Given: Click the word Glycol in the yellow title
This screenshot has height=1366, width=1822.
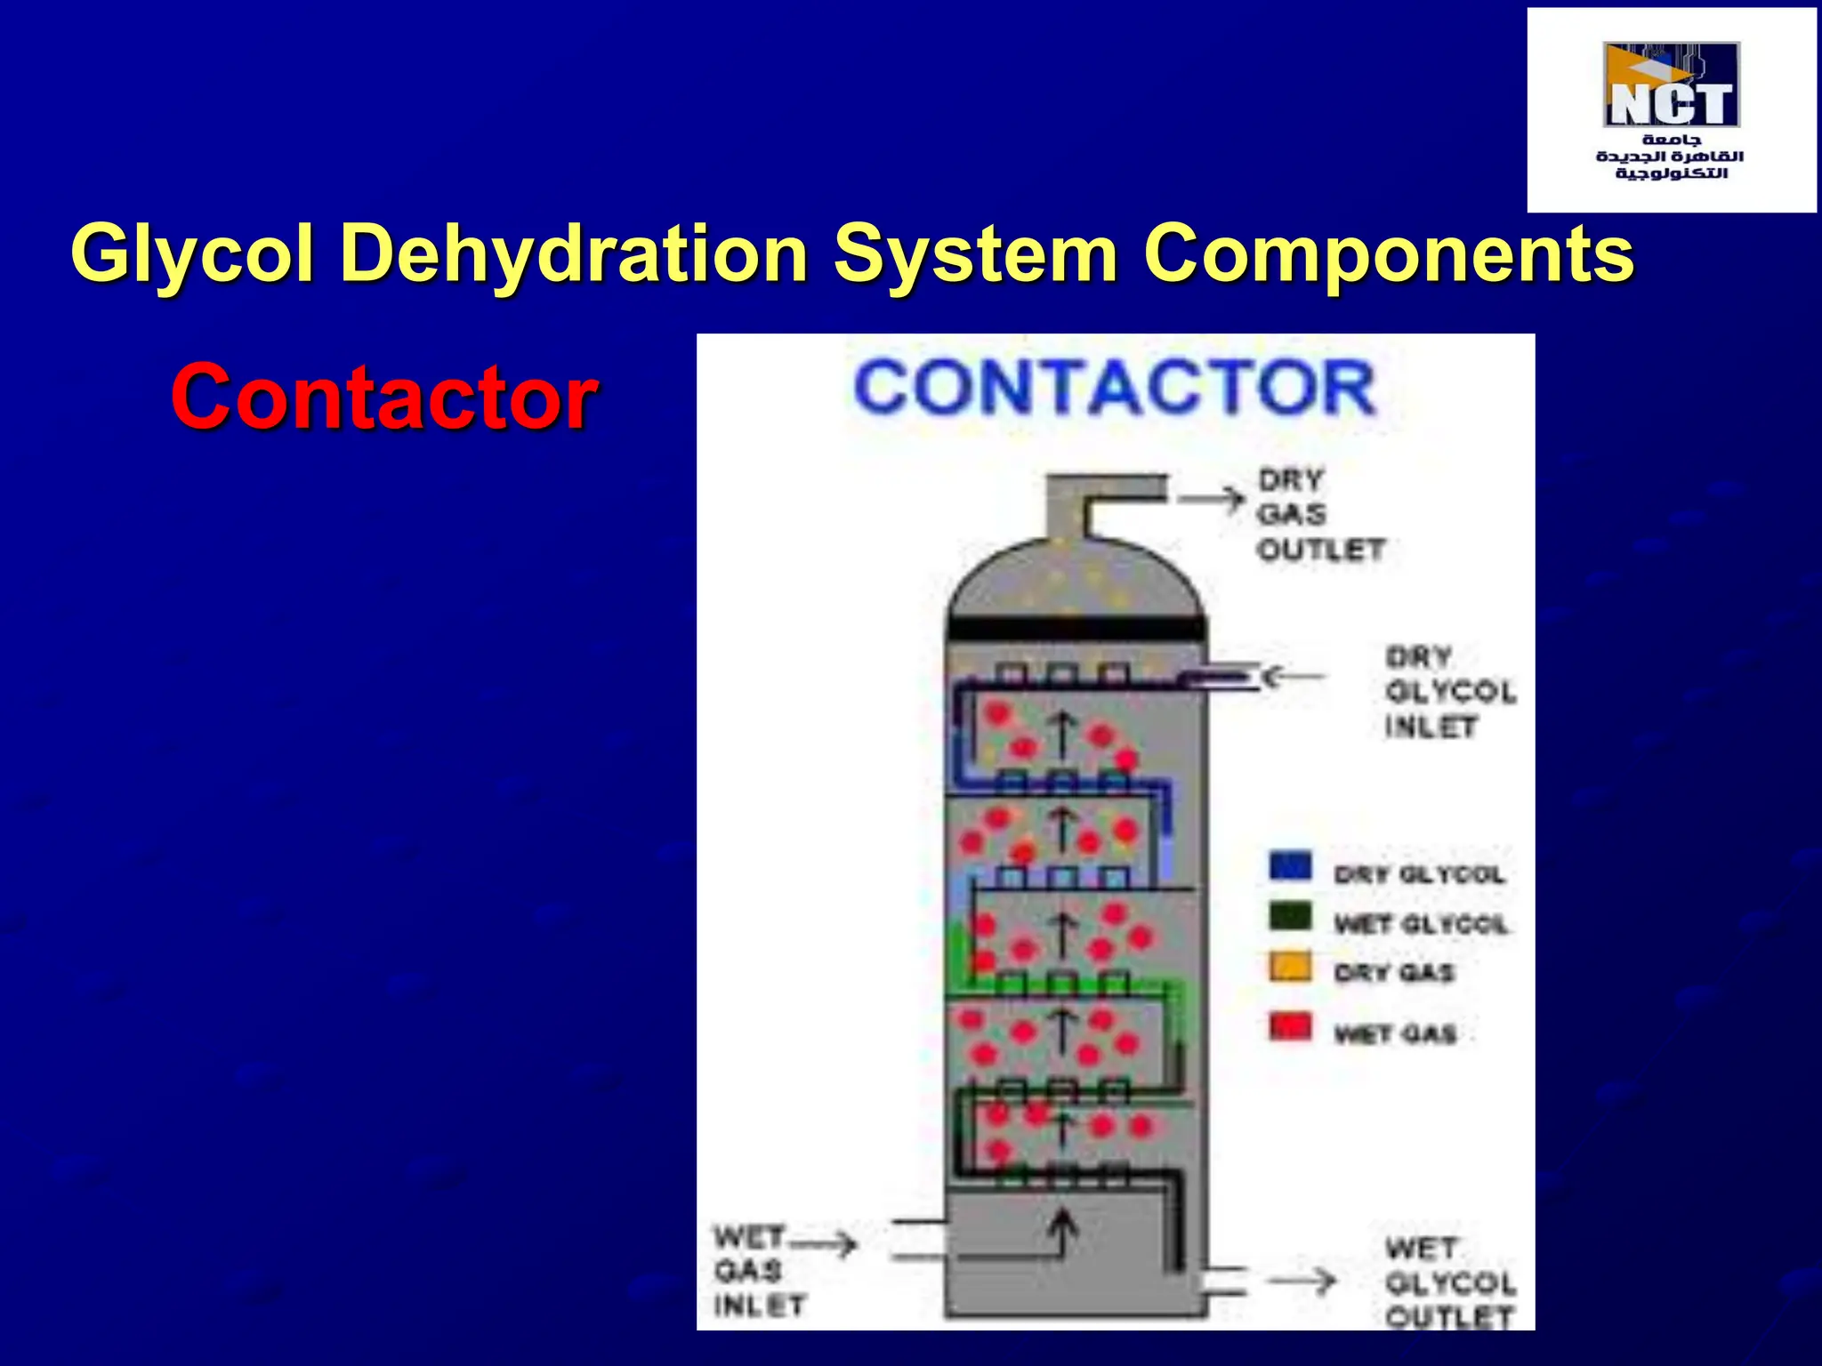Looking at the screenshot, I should point(192,254).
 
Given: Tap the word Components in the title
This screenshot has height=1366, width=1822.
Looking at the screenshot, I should point(1389,254).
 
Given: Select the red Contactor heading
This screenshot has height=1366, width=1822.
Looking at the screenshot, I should point(383,397).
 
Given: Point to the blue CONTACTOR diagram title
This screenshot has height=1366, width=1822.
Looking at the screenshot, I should point(1115,388).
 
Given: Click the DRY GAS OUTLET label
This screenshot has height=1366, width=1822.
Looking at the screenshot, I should point(1318,515).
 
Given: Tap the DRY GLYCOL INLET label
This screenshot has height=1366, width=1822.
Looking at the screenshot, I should point(1449,692).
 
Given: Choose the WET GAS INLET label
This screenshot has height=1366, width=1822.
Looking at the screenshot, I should point(758,1271).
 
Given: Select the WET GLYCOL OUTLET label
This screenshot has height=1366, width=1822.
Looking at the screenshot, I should point(1449,1282).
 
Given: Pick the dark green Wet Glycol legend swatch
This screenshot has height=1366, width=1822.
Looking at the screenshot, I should point(1290,917).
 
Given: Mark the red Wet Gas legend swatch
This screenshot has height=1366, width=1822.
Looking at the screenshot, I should point(1290,1027).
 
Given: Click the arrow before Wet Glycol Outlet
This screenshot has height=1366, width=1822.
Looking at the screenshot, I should point(1302,1282).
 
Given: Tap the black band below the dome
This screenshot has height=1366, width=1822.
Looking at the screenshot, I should point(1076,627).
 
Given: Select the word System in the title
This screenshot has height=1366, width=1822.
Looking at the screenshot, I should point(975,254).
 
